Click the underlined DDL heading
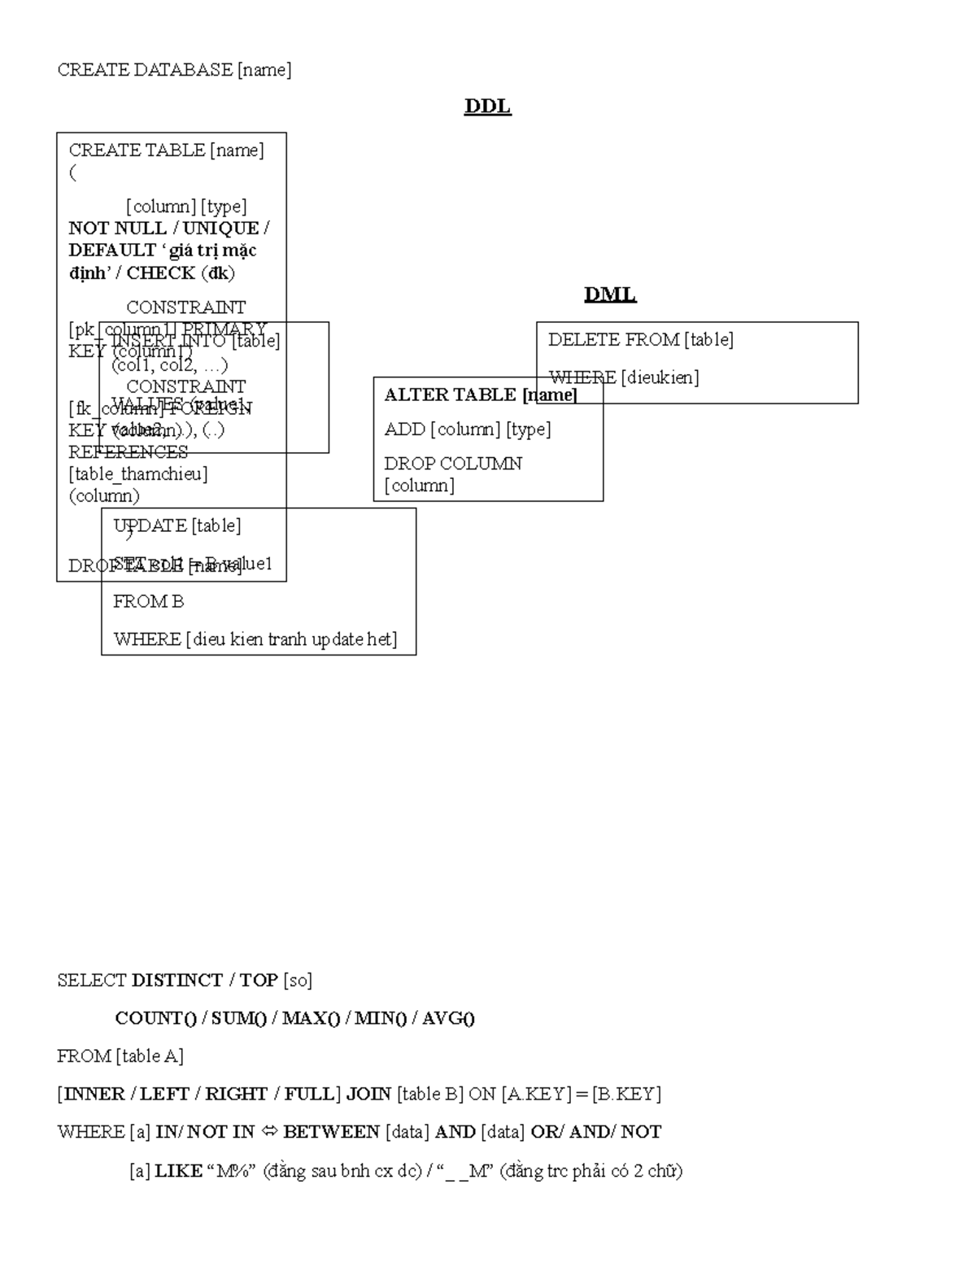pyautogui.click(x=487, y=107)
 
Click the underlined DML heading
pyautogui.click(x=610, y=294)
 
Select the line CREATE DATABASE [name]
pyautogui.click(x=174, y=70)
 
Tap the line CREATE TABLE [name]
pyautogui.click(x=166, y=150)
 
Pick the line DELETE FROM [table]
pyautogui.click(x=641, y=340)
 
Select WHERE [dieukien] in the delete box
pyautogui.click(x=624, y=377)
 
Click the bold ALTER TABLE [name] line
pyautogui.click(x=481, y=395)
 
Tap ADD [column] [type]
pyautogui.click(x=468, y=429)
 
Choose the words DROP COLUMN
pyautogui.click(x=453, y=464)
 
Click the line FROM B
pyautogui.click(x=149, y=602)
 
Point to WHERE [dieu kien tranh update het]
pyautogui.click(x=255, y=639)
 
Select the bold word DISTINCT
pyautogui.click(x=176, y=980)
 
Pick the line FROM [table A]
pyautogui.click(x=120, y=1056)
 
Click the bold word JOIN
pyautogui.click(x=368, y=1094)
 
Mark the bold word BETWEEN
pyautogui.click(x=331, y=1132)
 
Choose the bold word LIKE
pyautogui.click(x=178, y=1171)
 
